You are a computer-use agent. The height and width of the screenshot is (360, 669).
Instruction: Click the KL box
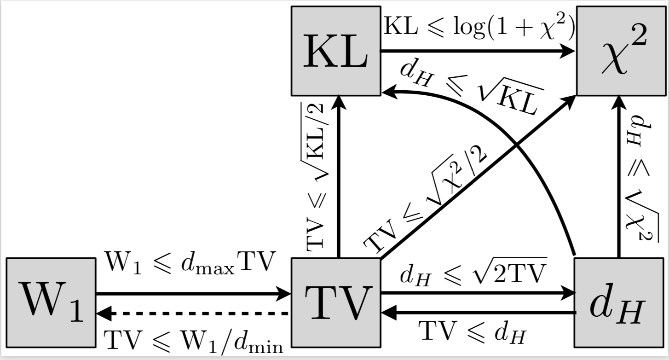tap(336, 51)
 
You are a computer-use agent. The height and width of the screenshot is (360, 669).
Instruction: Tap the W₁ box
tap(51, 302)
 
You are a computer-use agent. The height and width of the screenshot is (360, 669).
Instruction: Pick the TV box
tap(336, 302)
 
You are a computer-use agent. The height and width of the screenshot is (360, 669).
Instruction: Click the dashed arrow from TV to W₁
tap(193, 314)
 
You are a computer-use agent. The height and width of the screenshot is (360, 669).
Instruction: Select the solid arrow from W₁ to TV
tap(193, 293)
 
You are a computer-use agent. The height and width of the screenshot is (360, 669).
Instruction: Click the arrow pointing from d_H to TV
tap(479, 313)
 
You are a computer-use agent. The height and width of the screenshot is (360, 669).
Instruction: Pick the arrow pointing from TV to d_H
tap(479, 293)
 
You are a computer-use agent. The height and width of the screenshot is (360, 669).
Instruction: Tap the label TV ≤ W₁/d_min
tap(193, 341)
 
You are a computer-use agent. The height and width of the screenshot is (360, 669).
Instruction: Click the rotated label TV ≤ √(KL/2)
tap(316, 177)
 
